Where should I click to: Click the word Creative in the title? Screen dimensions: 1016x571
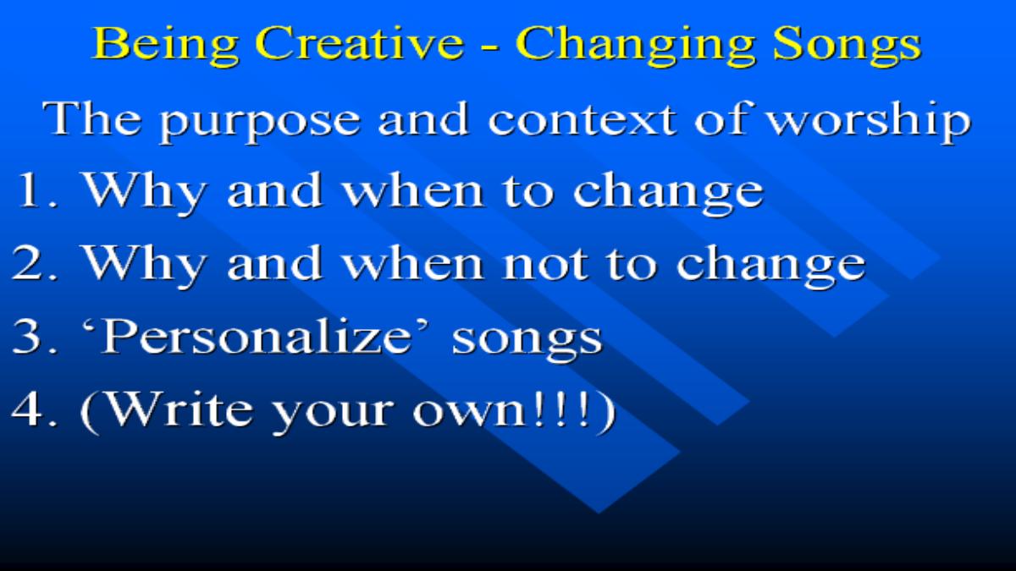click(359, 43)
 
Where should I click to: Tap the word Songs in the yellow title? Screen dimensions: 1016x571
click(847, 46)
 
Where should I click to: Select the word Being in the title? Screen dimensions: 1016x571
click(165, 46)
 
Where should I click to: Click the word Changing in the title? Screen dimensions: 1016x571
click(635, 46)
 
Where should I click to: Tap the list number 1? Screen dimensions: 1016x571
click(36, 189)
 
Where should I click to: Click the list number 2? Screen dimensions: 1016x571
click(35, 263)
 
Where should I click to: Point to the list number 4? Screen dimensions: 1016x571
click(35, 409)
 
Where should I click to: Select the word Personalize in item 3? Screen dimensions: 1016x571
click(257, 337)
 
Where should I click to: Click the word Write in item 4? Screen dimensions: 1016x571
click(179, 409)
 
